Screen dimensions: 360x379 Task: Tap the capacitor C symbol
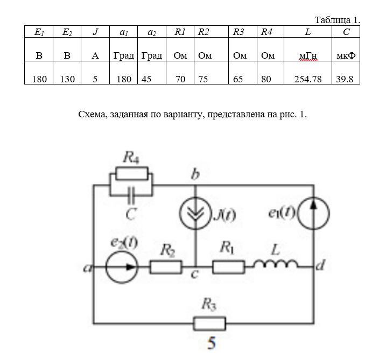tap(131, 192)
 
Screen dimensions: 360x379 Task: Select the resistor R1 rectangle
tap(229, 266)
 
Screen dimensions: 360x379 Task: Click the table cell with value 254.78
tap(307, 79)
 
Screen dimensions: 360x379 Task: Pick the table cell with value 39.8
tap(346, 79)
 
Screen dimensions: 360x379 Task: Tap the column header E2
tap(67, 32)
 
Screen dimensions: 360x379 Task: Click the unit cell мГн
tap(307, 56)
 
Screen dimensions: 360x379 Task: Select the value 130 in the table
tap(67, 79)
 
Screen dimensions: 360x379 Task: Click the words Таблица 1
tap(337, 20)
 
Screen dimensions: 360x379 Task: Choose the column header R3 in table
tap(238, 32)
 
